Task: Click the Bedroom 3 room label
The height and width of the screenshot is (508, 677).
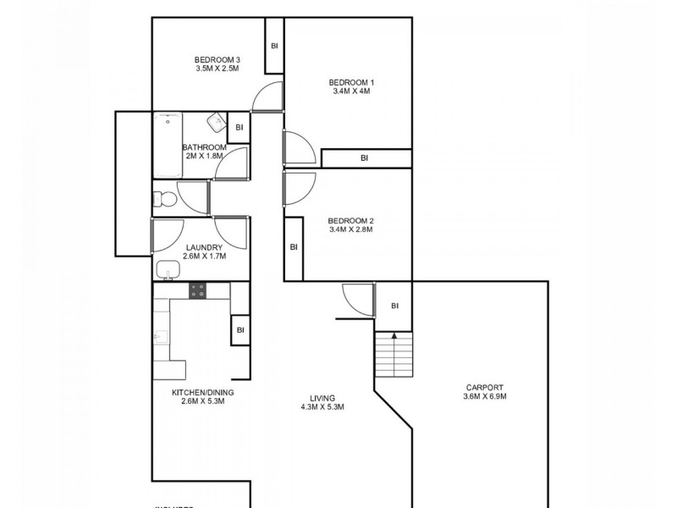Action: click(x=217, y=59)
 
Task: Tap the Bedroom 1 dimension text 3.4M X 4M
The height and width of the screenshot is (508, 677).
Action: click(x=351, y=92)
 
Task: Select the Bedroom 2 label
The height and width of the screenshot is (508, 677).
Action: click(x=351, y=221)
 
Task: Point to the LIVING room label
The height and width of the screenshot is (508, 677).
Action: click(x=322, y=397)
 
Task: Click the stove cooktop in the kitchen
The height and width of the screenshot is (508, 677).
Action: click(x=197, y=290)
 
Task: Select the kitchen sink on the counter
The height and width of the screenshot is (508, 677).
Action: click(x=159, y=336)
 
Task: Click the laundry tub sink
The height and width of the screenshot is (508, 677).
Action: click(x=167, y=270)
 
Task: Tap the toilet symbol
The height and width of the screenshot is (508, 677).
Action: click(x=164, y=200)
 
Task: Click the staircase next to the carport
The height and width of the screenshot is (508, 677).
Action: click(x=394, y=353)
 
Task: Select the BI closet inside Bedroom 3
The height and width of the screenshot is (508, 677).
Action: click(x=274, y=46)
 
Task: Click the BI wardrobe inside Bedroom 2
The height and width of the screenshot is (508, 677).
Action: click(x=294, y=247)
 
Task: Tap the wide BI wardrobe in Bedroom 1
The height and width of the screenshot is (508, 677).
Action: click(x=365, y=157)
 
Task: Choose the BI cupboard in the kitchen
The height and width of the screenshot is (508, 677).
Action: click(x=240, y=330)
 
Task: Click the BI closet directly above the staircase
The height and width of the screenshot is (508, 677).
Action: click(x=394, y=306)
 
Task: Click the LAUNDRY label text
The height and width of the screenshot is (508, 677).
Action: click(x=204, y=247)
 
